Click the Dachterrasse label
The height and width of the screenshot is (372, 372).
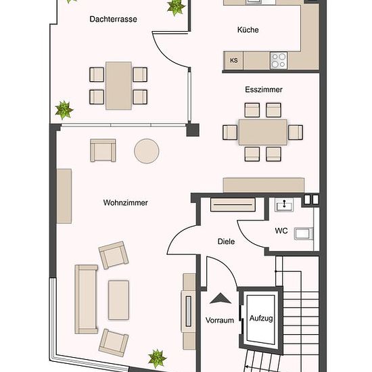tap(113, 19)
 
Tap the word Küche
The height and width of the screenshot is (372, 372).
tap(248, 30)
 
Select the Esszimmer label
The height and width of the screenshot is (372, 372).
tap(264, 90)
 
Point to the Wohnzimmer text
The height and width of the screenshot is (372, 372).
tap(126, 203)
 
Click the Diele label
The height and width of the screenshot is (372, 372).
tap(226, 241)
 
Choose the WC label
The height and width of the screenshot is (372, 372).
tap(281, 231)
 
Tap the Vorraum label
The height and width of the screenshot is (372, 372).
tap(220, 321)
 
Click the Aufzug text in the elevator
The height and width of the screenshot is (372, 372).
tap(261, 319)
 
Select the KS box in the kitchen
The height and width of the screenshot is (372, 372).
tap(234, 60)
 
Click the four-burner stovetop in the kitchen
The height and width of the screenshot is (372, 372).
tap(279, 60)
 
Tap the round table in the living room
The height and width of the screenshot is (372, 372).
tap(146, 151)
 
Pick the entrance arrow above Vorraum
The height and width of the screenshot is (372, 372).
tap(220, 298)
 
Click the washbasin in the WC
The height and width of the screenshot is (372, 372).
tap(284, 205)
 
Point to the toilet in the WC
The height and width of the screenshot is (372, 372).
tap(304, 234)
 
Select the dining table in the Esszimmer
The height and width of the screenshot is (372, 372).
tap(263, 132)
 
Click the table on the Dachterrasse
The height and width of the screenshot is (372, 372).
tap(118, 86)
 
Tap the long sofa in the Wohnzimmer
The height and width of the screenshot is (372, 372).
tap(86, 300)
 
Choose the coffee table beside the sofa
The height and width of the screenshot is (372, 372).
tap(118, 300)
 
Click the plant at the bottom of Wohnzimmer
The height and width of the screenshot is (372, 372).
tap(157, 358)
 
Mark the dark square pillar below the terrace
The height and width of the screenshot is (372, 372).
tap(193, 130)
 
